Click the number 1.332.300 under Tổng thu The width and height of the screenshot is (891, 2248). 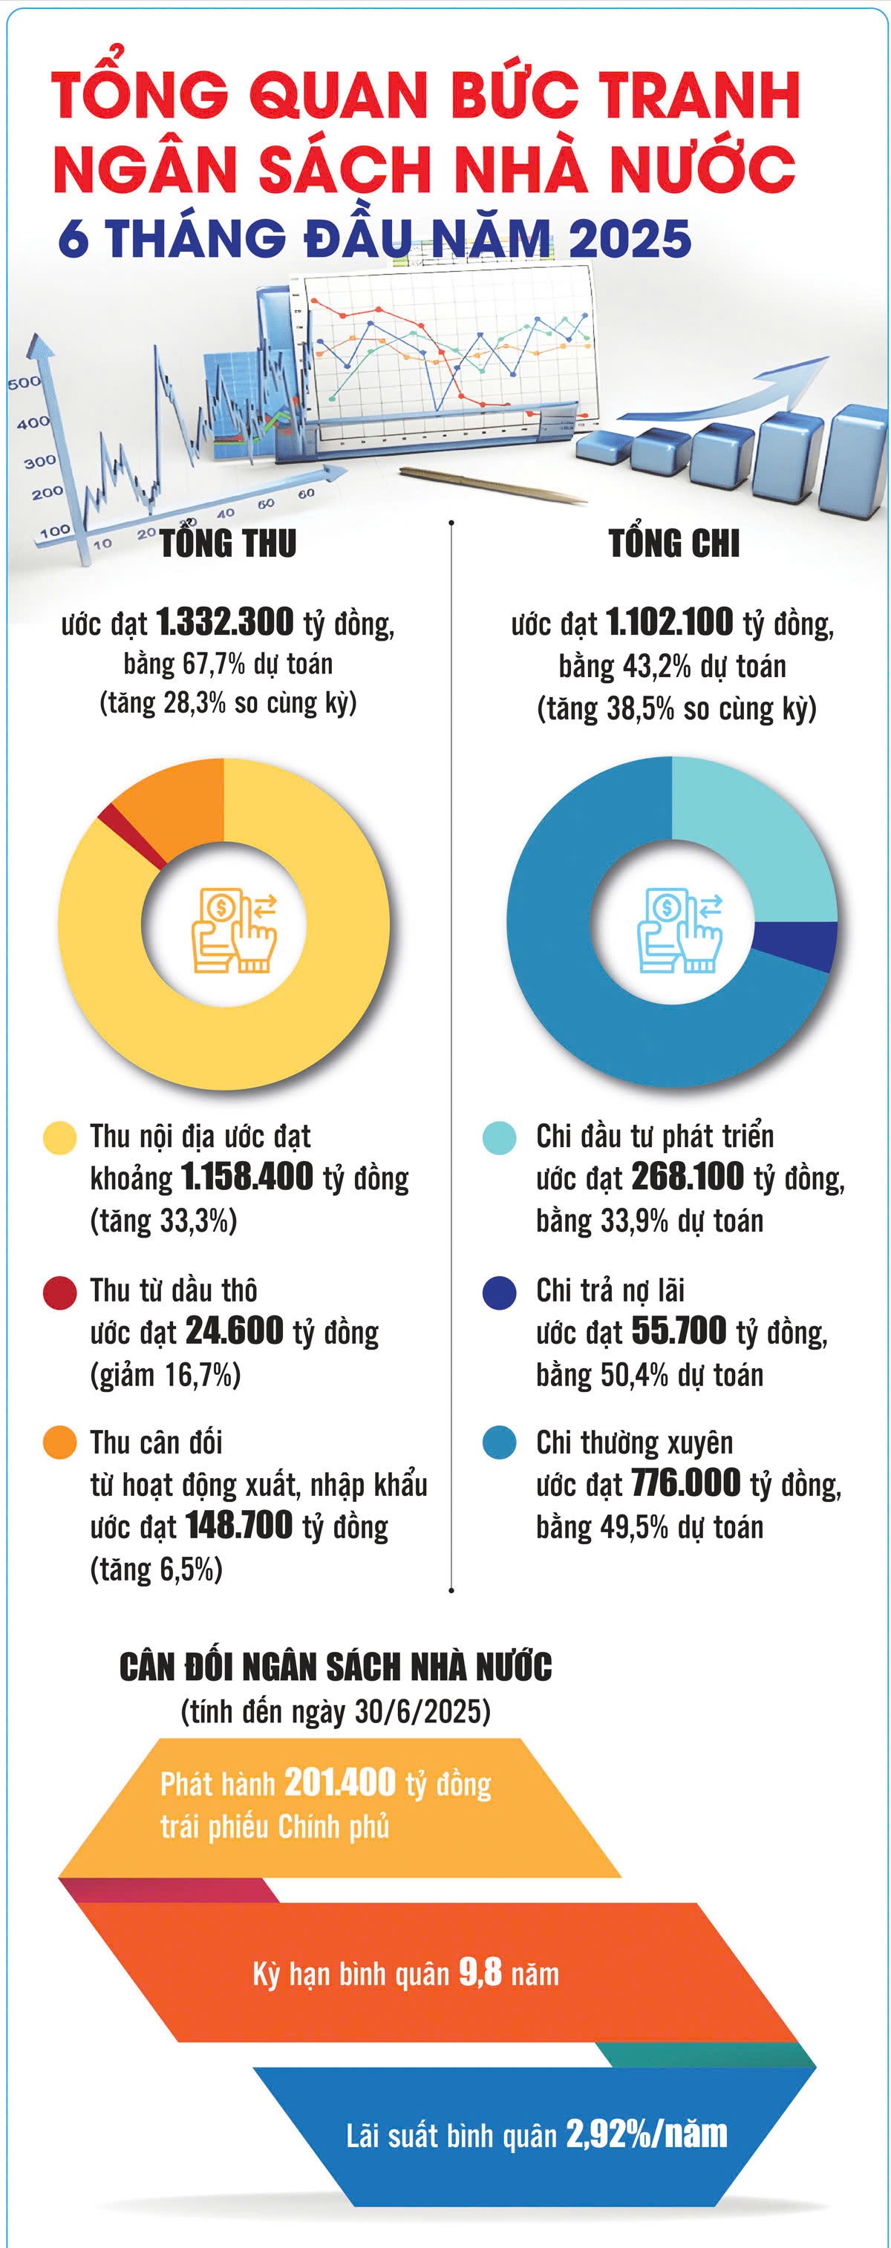[x=225, y=621]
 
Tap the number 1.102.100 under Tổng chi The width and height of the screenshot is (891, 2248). [x=669, y=621]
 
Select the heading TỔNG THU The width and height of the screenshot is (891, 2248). [x=229, y=543]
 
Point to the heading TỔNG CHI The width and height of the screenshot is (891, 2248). [x=673, y=543]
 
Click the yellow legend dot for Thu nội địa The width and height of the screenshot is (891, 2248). [x=60, y=1138]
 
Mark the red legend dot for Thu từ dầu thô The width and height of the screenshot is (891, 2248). [x=60, y=1293]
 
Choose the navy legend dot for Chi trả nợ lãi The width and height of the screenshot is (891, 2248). [x=499, y=1293]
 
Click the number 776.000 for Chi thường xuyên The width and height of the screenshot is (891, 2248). [x=686, y=1483]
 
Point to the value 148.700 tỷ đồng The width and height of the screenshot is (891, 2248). [x=238, y=1526]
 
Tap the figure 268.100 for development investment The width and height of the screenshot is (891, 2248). [x=688, y=1177]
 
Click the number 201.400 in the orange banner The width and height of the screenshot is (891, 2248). [x=340, y=1782]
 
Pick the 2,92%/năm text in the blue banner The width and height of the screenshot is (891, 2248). [x=647, y=2134]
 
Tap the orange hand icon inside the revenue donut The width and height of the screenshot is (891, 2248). [x=234, y=930]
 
